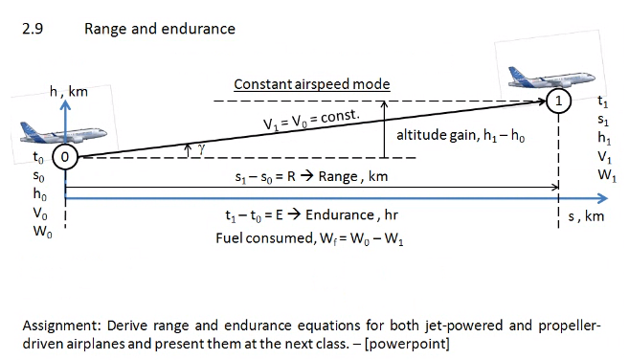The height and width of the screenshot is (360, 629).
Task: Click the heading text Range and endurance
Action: point(159,29)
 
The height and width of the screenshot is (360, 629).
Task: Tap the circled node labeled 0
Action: point(63,155)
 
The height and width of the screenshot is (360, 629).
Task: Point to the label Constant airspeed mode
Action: point(312,84)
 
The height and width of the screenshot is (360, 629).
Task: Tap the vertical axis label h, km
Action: point(68,92)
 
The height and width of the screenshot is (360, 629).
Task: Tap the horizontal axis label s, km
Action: point(586,216)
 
